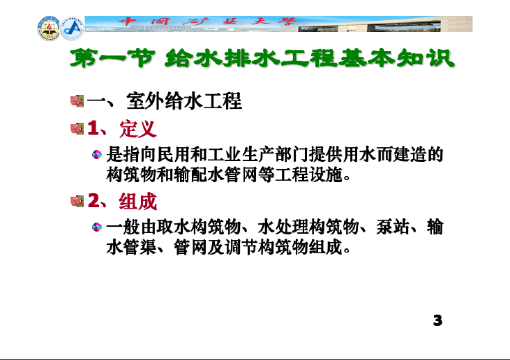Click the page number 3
(x=438, y=320)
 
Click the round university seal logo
(x=49, y=29)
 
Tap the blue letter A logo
(x=72, y=29)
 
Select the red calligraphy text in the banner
(x=207, y=22)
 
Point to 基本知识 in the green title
(x=396, y=59)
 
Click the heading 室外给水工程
(x=184, y=100)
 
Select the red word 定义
(x=138, y=129)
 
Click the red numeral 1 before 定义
(x=93, y=128)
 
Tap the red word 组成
(x=138, y=202)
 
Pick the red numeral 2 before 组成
(x=93, y=201)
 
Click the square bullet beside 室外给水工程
(x=77, y=100)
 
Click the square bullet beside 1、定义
(x=77, y=129)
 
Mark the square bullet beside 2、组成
(x=77, y=202)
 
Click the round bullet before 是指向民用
(x=96, y=154)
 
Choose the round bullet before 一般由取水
(x=96, y=227)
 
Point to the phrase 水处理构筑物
(x=308, y=227)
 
